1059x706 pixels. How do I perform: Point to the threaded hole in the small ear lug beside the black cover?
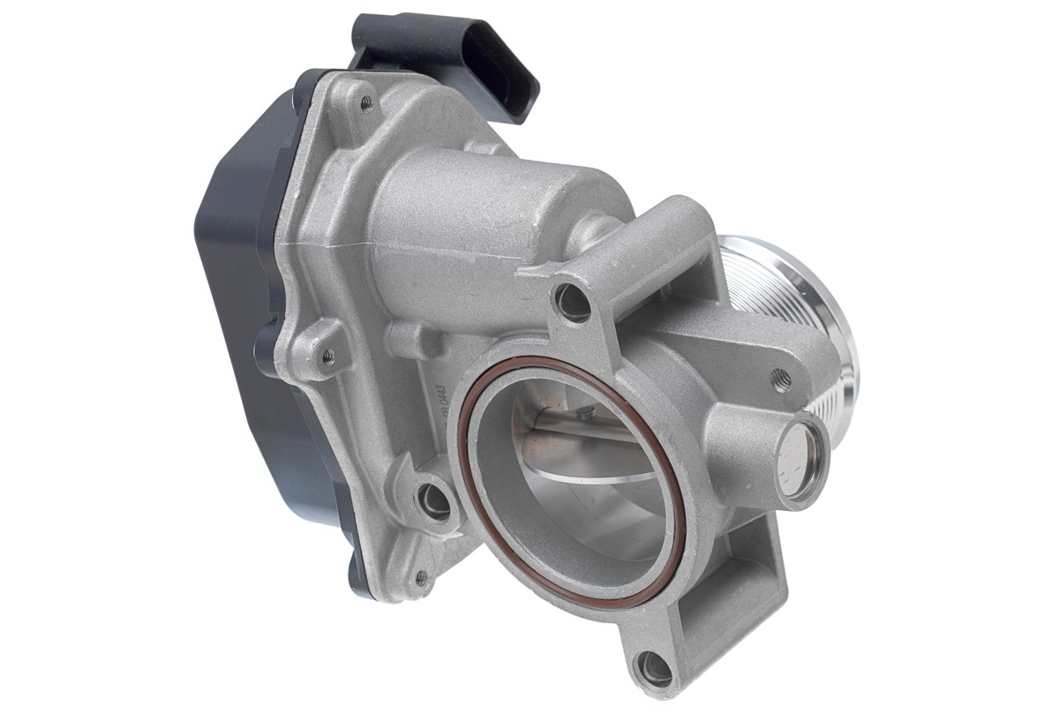(327, 357)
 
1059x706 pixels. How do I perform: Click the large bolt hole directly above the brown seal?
(573, 302)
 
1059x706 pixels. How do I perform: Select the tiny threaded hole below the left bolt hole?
(421, 578)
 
